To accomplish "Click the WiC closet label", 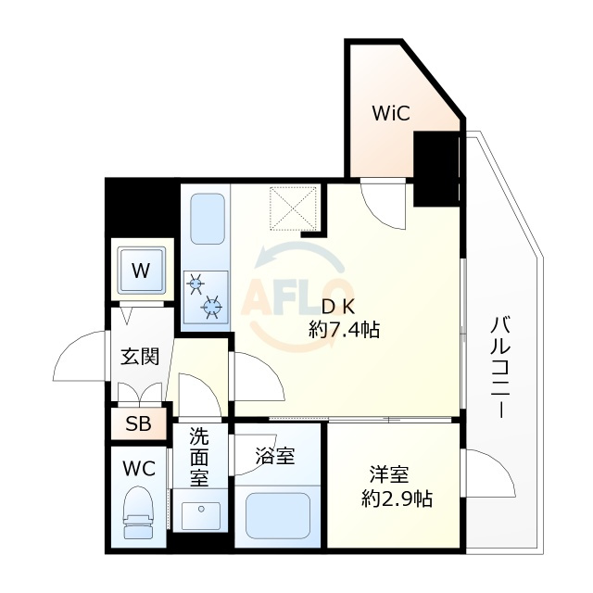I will tap(391, 114).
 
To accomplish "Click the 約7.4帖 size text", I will tap(346, 329).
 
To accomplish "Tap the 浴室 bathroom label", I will tap(275, 456).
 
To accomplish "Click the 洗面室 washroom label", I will tap(199, 456).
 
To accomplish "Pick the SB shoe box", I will tap(138, 425).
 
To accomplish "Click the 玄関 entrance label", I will tap(139, 357).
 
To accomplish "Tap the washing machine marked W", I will tap(140, 271).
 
